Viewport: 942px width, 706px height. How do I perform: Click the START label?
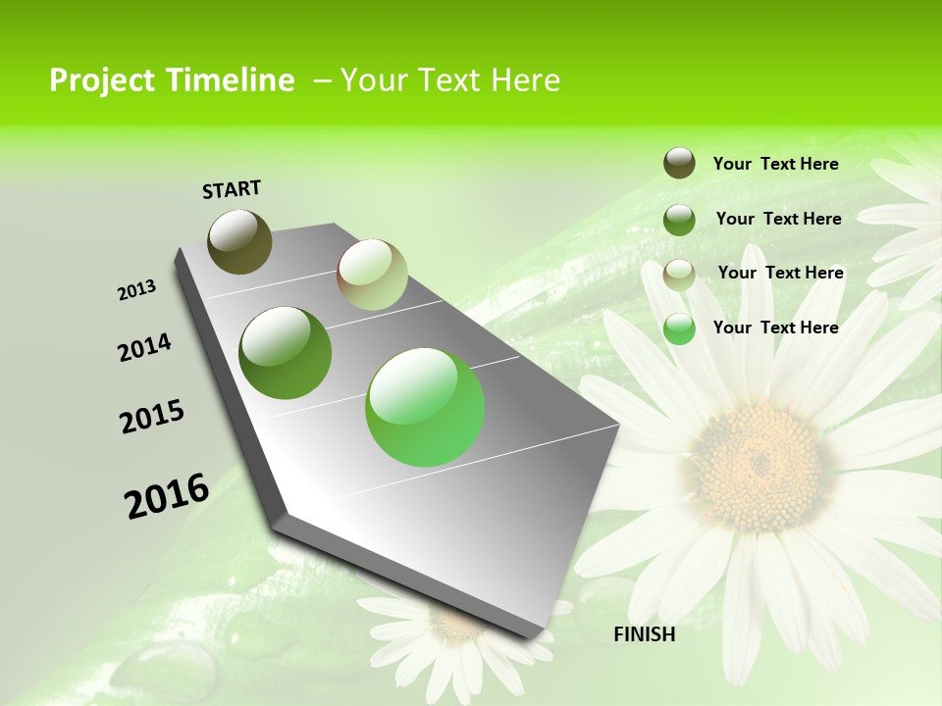click(x=232, y=189)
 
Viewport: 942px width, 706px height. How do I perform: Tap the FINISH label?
click(x=645, y=634)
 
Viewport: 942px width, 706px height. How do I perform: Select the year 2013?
click(x=136, y=290)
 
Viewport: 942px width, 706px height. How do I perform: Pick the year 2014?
click(x=144, y=348)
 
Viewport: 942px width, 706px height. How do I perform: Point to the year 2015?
click(x=152, y=417)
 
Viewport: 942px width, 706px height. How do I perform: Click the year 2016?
click(x=167, y=495)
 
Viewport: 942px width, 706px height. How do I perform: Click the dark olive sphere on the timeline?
click(x=240, y=241)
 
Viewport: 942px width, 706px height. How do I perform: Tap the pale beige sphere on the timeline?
click(x=372, y=275)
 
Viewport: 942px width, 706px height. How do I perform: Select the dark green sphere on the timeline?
click(x=286, y=353)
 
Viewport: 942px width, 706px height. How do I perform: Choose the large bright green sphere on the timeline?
click(x=425, y=407)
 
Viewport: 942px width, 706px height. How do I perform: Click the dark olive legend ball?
click(x=679, y=163)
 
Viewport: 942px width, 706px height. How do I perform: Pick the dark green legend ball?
click(x=679, y=220)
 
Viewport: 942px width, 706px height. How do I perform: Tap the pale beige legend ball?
click(x=679, y=275)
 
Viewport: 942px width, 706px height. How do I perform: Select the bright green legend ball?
click(x=679, y=328)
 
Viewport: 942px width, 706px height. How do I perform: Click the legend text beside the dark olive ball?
click(x=775, y=164)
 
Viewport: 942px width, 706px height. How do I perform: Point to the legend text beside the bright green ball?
click(x=775, y=328)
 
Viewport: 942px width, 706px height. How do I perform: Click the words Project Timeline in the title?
click(x=172, y=80)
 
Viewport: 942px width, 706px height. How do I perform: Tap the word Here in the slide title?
click(x=525, y=80)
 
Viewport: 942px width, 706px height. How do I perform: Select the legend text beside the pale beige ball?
click(x=780, y=273)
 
